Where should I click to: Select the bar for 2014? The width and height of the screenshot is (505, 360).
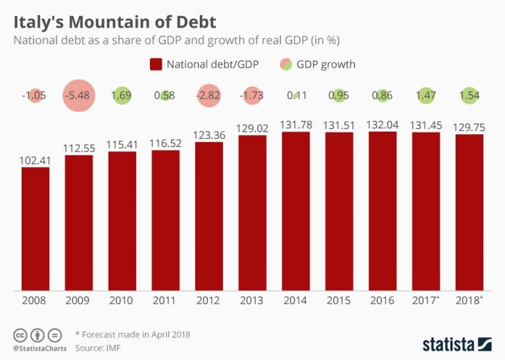(x=296, y=211)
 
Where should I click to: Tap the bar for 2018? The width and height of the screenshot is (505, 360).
(x=469, y=212)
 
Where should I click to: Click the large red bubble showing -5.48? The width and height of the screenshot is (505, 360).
(x=79, y=95)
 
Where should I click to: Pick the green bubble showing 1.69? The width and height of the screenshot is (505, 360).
(x=122, y=95)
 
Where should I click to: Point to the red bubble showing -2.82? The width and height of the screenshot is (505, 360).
(x=209, y=95)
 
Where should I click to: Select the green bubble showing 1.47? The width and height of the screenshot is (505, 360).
(x=426, y=95)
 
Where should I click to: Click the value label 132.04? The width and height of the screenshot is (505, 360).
(x=383, y=123)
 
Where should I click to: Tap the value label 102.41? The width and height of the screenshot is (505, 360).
(x=36, y=159)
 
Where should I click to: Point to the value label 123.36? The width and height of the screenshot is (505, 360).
(x=209, y=134)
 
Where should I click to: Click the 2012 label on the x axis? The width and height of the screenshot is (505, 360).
(x=209, y=301)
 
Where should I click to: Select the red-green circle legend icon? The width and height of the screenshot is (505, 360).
(x=286, y=64)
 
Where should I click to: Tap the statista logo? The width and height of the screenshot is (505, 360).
(x=456, y=343)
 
